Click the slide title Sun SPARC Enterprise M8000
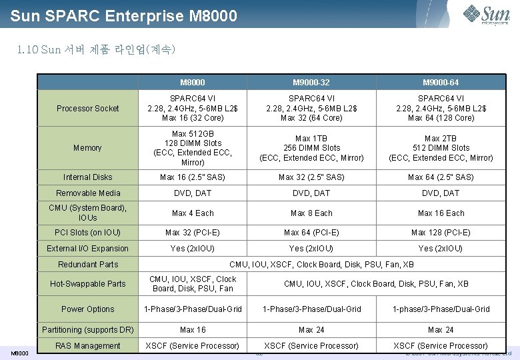click(124, 15)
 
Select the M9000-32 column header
click(311, 83)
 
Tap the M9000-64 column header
click(441, 83)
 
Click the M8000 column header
click(193, 83)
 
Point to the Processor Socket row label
click(88, 109)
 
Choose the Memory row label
click(88, 148)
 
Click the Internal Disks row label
click(88, 177)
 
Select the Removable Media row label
click(88, 193)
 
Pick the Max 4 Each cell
click(193, 213)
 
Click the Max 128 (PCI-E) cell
click(441, 233)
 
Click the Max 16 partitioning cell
click(193, 330)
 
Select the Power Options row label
click(88, 309)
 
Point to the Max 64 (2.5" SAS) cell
click(441, 177)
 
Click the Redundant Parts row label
click(88, 265)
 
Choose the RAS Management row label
click(88, 346)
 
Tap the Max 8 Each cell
click(311, 213)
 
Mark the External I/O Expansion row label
click(88, 249)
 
